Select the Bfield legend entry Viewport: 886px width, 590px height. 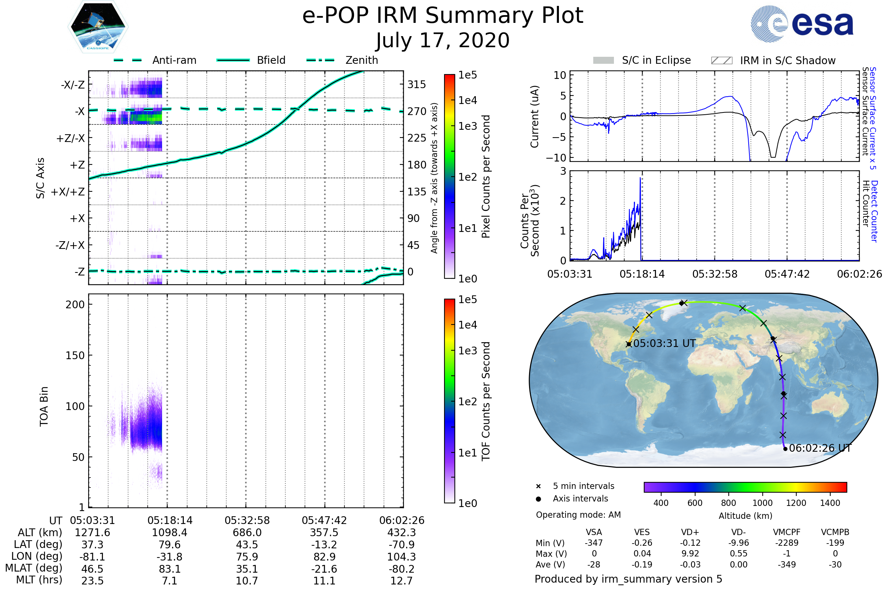(x=271, y=60)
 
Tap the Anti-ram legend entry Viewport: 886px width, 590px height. (x=174, y=60)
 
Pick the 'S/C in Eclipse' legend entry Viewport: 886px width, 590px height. (x=656, y=60)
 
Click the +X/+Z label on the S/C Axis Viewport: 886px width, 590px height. (x=68, y=192)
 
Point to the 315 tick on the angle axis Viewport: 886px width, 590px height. (x=416, y=84)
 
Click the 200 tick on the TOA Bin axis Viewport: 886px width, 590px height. (x=75, y=305)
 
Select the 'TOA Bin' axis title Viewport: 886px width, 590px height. (x=44, y=406)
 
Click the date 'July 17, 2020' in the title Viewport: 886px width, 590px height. (x=443, y=40)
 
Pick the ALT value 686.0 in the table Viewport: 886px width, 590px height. (x=247, y=532)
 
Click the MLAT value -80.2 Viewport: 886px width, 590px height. (x=402, y=569)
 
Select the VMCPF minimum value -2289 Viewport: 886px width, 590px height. (x=787, y=542)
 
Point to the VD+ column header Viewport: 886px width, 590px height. (x=690, y=532)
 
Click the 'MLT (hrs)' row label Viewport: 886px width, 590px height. (x=39, y=580)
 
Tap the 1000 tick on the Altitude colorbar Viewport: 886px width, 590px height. (x=762, y=503)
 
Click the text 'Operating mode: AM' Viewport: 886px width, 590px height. (x=578, y=514)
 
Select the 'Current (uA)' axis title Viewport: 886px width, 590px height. (x=535, y=116)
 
